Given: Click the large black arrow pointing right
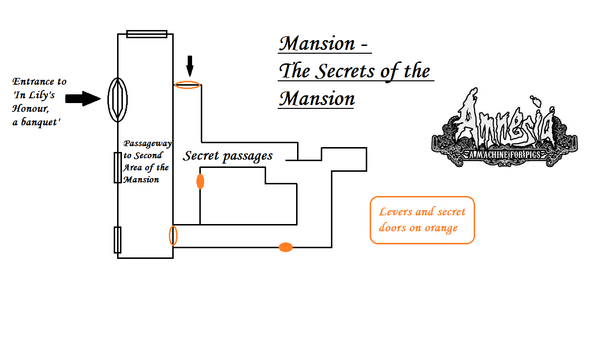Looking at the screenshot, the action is (83, 99).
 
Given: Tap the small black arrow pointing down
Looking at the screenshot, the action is (190, 66).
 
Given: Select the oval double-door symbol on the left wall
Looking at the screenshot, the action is (118, 100).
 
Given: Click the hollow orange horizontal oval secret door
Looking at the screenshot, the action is (187, 85).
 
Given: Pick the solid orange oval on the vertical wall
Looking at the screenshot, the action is (200, 181).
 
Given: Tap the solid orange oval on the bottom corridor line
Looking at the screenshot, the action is (285, 247).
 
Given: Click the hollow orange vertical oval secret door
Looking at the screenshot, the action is (173, 236).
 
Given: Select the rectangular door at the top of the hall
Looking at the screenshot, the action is (147, 34).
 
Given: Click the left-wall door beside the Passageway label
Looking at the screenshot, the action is (118, 168).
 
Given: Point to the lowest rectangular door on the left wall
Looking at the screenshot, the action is (118, 240).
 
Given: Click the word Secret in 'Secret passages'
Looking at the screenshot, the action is (201, 155).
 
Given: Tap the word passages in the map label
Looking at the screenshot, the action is (248, 156).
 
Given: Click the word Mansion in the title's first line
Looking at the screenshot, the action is (317, 44).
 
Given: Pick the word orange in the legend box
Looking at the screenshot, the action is (441, 228).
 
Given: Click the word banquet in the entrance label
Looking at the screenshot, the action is (41, 122).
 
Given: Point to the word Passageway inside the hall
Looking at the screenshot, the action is (148, 144).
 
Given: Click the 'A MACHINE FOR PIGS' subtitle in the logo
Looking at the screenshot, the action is (505, 155).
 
